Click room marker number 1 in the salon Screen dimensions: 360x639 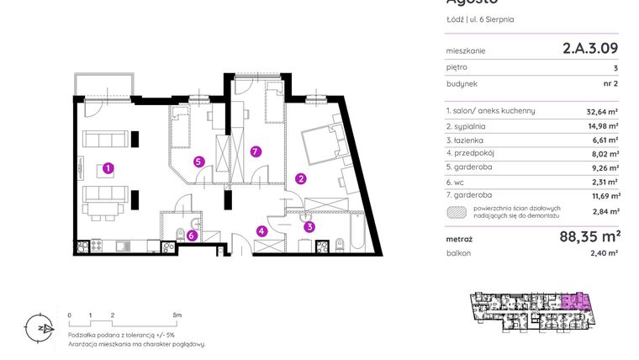click(x=108, y=168)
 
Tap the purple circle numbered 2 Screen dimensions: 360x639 click(x=300, y=177)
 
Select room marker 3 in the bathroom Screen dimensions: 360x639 click(x=309, y=225)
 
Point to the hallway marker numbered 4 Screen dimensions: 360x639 click(x=261, y=231)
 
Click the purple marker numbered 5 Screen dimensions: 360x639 click(x=198, y=161)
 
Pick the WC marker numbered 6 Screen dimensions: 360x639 click(x=193, y=236)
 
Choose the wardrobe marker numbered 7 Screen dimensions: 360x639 click(x=256, y=152)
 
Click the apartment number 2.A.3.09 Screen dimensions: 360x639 click(x=590, y=49)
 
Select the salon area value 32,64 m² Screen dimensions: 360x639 click(x=602, y=110)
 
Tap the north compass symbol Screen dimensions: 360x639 click(x=34, y=327)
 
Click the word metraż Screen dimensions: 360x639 click(x=459, y=239)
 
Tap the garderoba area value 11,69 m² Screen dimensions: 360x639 click(x=602, y=196)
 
